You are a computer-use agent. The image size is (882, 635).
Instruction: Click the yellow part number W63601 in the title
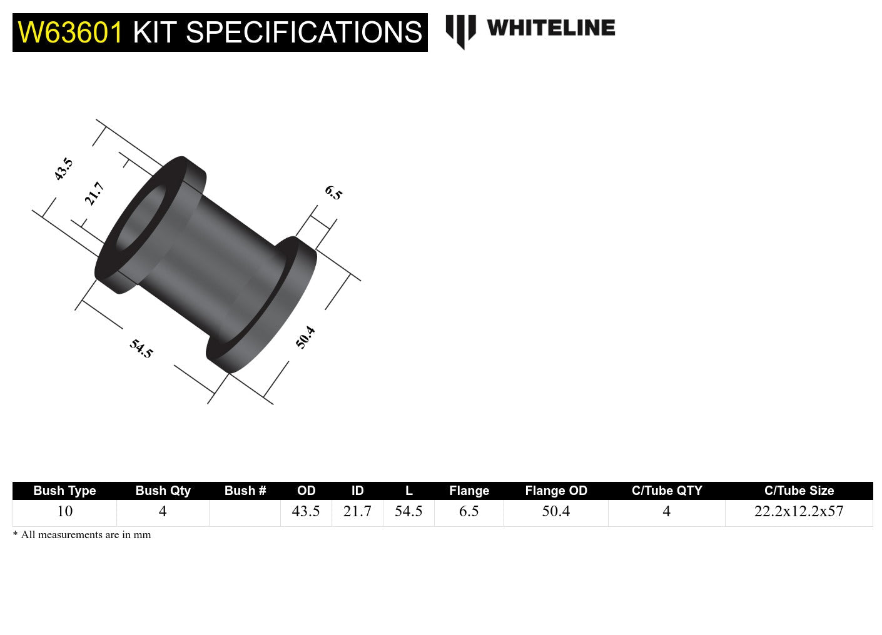(x=70, y=32)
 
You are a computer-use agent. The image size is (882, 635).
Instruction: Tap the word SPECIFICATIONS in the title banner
(x=304, y=32)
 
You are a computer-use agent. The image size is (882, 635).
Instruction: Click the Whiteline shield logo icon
(x=460, y=31)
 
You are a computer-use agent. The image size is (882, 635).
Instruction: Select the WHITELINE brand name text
(x=550, y=27)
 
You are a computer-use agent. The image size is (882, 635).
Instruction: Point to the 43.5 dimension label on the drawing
(x=63, y=169)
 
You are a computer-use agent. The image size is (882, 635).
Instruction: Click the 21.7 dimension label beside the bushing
(x=94, y=194)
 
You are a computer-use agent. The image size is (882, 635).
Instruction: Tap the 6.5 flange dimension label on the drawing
(x=333, y=193)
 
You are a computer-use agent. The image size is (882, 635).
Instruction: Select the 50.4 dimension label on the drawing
(x=305, y=337)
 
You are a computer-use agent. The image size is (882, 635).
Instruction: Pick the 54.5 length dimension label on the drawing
(x=141, y=348)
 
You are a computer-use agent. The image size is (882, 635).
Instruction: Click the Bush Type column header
(x=64, y=491)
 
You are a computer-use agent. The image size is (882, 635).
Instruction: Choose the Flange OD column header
(x=556, y=491)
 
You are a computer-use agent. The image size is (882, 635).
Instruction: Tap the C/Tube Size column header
(x=799, y=491)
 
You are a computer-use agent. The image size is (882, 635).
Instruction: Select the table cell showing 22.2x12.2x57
(x=799, y=512)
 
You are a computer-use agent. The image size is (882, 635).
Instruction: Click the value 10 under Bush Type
(x=64, y=512)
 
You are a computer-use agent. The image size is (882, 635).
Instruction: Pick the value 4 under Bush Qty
(x=163, y=512)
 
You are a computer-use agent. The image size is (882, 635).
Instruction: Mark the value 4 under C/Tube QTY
(x=666, y=512)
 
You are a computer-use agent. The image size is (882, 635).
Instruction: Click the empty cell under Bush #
(x=245, y=512)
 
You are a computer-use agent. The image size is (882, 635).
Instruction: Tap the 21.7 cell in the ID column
(x=357, y=512)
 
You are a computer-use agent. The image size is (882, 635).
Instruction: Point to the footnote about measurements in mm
(x=82, y=535)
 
